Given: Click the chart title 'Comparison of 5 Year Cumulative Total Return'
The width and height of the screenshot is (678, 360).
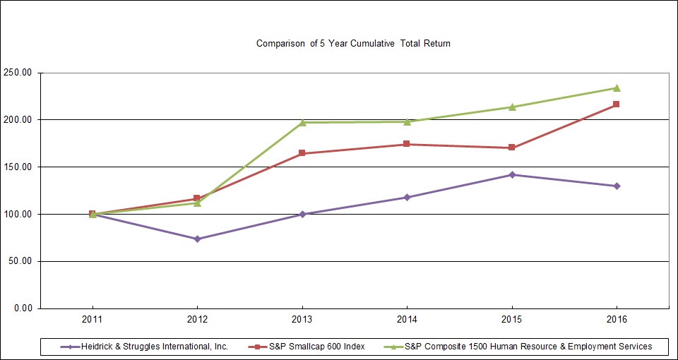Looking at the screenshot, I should (353, 44).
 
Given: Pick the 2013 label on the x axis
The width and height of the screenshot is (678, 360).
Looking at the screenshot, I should (302, 320).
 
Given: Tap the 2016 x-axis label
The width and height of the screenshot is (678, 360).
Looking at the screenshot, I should (617, 320).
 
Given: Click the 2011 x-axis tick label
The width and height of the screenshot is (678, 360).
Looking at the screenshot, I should (92, 320).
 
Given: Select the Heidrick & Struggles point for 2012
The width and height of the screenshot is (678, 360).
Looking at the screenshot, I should (197, 239).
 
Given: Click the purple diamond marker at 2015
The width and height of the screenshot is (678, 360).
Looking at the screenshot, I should (512, 174).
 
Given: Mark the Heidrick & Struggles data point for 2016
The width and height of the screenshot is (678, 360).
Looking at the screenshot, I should (617, 186).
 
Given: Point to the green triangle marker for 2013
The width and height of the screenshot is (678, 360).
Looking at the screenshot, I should (302, 122).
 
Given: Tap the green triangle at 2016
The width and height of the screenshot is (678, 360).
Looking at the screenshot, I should (617, 88).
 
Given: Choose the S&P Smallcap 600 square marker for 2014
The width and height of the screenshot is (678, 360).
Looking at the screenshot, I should (407, 144).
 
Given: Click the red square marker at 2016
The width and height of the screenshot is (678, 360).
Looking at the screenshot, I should (617, 104).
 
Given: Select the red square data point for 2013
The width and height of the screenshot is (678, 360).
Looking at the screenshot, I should (302, 153).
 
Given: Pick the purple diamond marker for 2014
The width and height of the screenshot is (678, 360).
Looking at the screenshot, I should (407, 197).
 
